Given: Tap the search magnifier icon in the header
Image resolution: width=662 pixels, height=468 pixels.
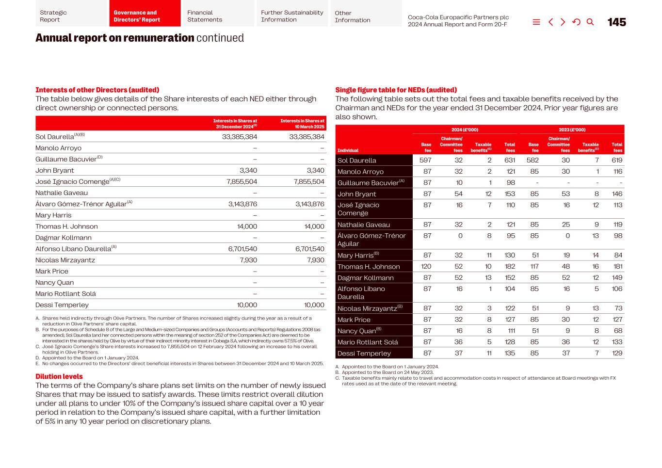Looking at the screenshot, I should pyautogui.click(x=590, y=22).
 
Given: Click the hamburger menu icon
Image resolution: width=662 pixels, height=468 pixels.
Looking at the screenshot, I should pyautogui.click(x=536, y=22).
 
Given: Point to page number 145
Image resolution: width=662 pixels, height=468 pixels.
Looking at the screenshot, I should pyautogui.click(x=616, y=22).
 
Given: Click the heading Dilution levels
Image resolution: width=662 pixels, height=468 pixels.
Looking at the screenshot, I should pyautogui.click(x=59, y=376).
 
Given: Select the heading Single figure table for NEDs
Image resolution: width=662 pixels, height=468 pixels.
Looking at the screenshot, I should pyautogui.click(x=396, y=90).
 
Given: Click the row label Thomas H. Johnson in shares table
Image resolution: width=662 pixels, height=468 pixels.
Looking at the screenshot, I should pyautogui.click(x=66, y=226).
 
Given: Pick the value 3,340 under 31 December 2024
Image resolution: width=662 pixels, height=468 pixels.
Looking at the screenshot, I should pyautogui.click(x=248, y=170).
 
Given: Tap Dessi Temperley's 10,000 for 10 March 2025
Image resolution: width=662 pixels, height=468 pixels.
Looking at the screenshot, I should pyautogui.click(x=314, y=305).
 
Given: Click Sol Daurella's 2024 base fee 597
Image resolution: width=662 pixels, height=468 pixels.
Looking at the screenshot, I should pyautogui.click(x=425, y=160).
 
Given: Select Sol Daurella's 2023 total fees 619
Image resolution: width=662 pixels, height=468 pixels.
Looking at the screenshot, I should pyautogui.click(x=616, y=160).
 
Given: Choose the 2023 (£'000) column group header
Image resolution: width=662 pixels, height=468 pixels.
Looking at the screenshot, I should pyautogui.click(x=572, y=129).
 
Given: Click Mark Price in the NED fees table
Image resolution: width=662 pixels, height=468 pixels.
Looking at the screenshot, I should pyautogui.click(x=354, y=320).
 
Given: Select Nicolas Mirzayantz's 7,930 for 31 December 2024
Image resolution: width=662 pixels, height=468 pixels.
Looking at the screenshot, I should pyautogui.click(x=248, y=260).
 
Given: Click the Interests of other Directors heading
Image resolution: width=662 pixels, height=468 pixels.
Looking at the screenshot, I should pyautogui.click(x=97, y=90).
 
